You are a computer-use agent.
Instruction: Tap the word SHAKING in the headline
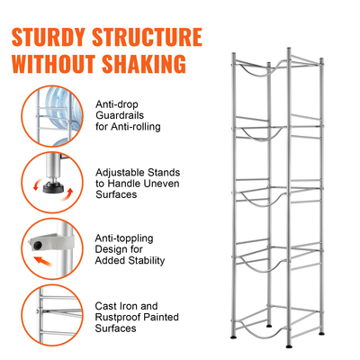coord(144,64)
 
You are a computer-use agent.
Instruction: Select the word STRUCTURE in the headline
coord(147,37)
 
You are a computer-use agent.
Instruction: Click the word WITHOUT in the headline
coord(54,64)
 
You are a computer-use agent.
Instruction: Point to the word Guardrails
coord(120,115)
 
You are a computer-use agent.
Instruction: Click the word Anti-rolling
coord(136,127)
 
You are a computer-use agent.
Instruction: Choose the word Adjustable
coord(120,173)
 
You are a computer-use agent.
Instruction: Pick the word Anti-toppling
coord(124,238)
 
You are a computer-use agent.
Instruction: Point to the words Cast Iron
coord(116,306)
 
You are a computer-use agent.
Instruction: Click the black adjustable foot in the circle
coord(54,187)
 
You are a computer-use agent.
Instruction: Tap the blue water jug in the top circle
coord(61,107)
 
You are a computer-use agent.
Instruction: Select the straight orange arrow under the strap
coord(42,261)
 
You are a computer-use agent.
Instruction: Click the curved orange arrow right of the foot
coord(67,194)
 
